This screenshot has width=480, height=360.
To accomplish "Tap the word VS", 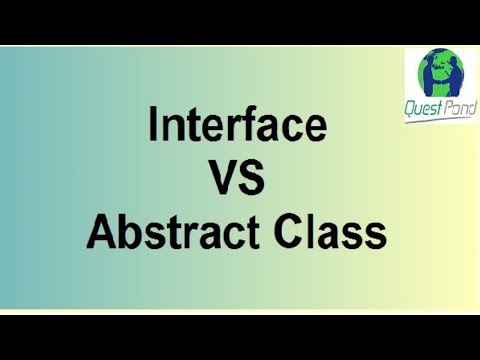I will pos(237,181).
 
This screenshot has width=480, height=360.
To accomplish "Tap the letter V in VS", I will pos(221,181).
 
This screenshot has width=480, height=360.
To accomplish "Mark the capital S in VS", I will pos(253,181).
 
